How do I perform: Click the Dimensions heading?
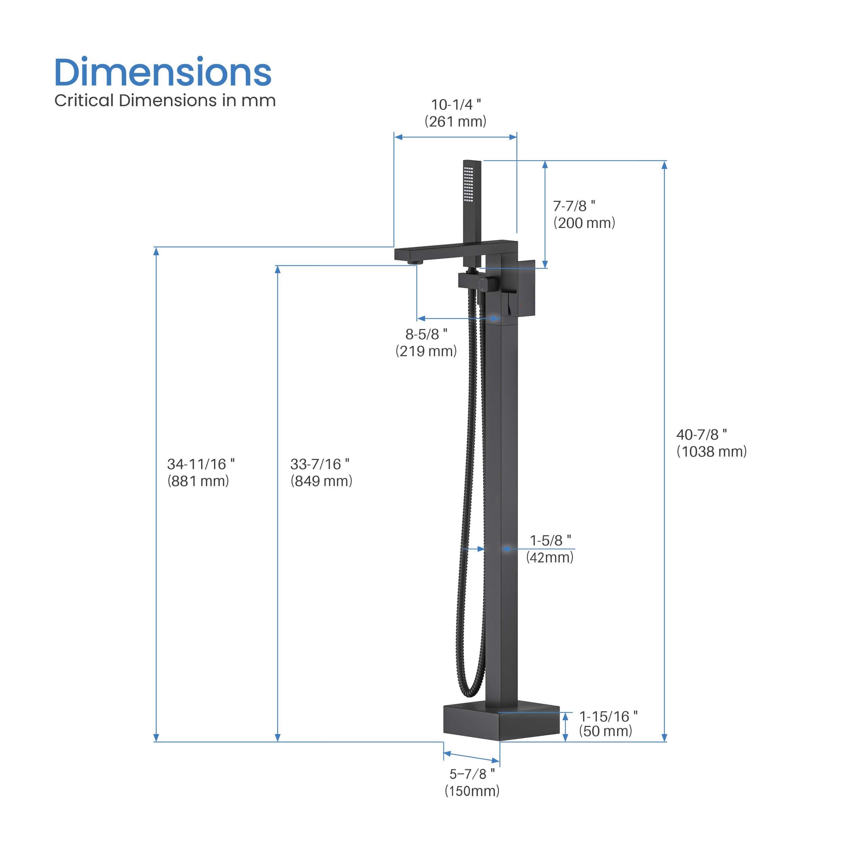pyautogui.click(x=163, y=73)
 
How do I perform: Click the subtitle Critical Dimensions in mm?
pyautogui.click(x=165, y=100)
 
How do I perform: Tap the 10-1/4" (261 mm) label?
pyautogui.click(x=456, y=113)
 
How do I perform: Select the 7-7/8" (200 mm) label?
pyautogui.click(x=584, y=214)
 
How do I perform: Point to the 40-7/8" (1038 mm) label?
pyautogui.click(x=711, y=443)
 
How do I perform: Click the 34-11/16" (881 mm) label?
pyautogui.click(x=200, y=472)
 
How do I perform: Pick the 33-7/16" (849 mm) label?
pyautogui.click(x=321, y=472)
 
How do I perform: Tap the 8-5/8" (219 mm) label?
pyautogui.click(x=426, y=342)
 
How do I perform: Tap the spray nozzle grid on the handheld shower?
pyautogui.click(x=469, y=184)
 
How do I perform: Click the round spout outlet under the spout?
pyautogui.click(x=415, y=262)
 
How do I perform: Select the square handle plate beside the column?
pyautogui.click(x=526, y=288)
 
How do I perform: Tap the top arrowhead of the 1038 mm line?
pyautogui.click(x=664, y=165)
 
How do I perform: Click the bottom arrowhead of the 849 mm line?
pyautogui.click(x=277, y=737)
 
